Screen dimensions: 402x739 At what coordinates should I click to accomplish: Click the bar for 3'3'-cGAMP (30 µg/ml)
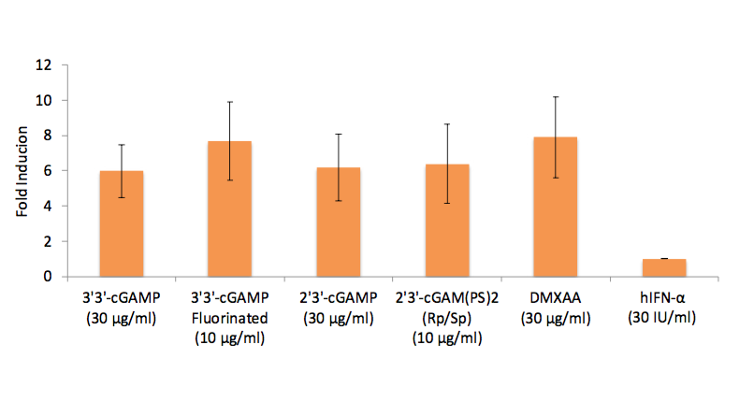121,223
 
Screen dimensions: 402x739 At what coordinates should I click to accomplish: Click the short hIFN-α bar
664,267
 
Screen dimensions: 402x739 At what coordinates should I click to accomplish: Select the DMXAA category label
556,298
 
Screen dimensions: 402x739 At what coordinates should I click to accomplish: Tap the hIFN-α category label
664,298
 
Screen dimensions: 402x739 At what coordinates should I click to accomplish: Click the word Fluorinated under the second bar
229,319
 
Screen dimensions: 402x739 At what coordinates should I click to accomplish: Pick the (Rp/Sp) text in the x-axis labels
447,319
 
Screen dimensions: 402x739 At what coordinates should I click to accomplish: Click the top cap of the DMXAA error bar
556,96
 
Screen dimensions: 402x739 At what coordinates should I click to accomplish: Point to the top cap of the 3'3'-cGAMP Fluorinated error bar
229,102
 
